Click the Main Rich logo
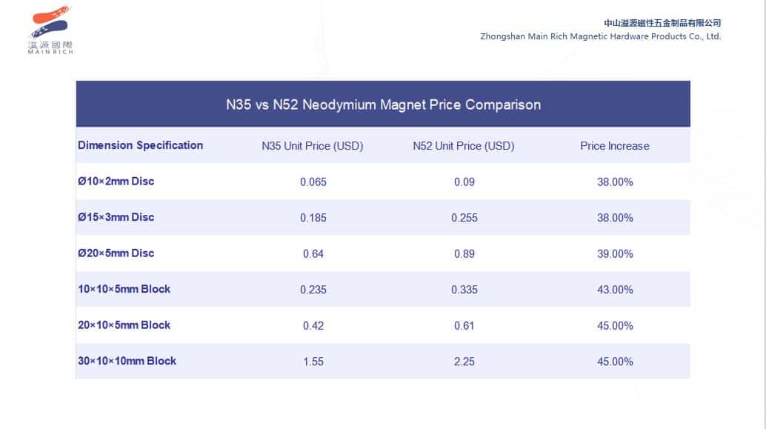[50, 30]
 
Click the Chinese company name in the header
[662, 23]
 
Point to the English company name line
[600, 36]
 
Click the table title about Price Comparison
[383, 104]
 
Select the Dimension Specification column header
[140, 145]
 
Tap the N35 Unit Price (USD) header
[313, 146]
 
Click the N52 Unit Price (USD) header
[464, 146]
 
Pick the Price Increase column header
[614, 146]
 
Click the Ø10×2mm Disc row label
[116, 182]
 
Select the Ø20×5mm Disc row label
[116, 253]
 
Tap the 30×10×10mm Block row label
[127, 361]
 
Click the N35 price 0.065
[313, 182]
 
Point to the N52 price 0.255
[464, 218]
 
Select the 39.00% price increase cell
[615, 254]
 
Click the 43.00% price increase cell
[615, 290]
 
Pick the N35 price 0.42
[313, 326]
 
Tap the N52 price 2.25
[464, 362]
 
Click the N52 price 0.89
[464, 254]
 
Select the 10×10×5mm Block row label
[124, 289]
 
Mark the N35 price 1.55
[313, 362]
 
